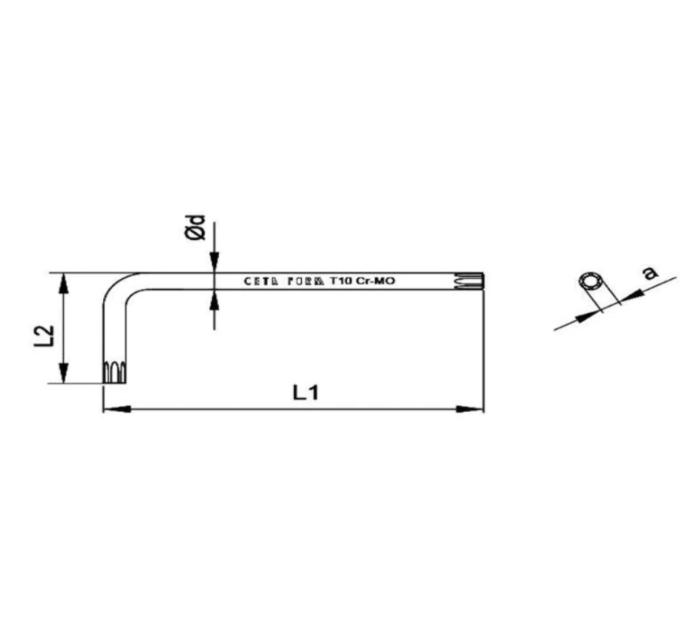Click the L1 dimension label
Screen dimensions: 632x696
coord(305,392)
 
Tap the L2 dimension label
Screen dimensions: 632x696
coord(44,335)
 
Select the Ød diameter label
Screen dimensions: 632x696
coord(197,228)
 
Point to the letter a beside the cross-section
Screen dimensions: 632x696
coord(650,271)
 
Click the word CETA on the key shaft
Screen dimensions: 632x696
coord(261,281)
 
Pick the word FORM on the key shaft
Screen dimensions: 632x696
coord(306,281)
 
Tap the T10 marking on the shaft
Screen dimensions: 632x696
coord(340,281)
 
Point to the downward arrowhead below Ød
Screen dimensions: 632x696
coord(214,263)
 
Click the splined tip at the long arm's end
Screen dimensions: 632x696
coord(471,281)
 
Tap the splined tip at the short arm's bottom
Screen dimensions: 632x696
coord(114,372)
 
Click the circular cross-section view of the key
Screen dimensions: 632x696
coord(592,283)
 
